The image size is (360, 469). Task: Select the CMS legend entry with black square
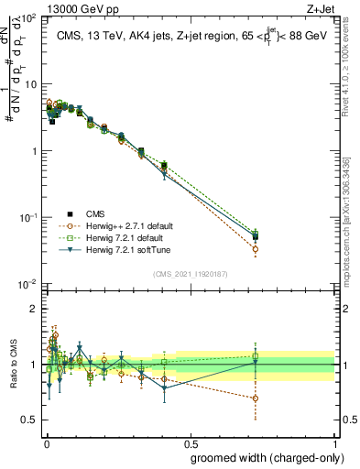coord(96,213)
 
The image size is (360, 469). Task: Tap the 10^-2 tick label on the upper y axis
coord(27,285)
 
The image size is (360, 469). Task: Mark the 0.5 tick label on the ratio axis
coord(29,420)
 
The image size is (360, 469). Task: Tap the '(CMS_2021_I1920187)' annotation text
coord(190,274)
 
